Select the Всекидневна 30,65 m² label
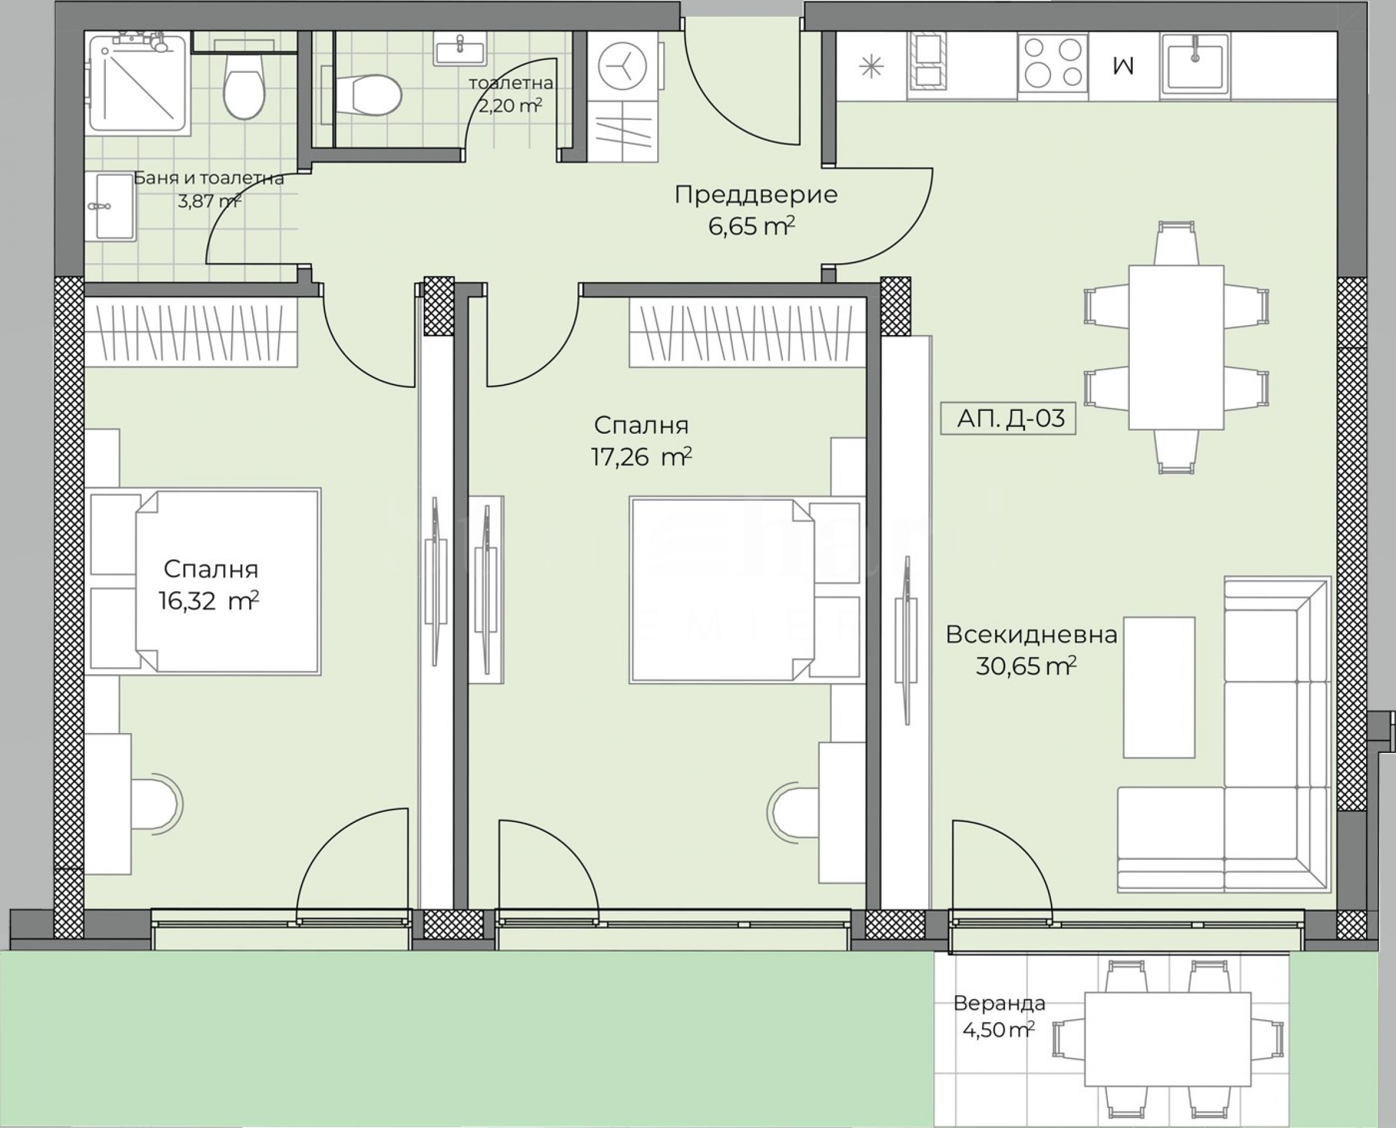point(1031,650)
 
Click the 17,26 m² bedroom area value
point(641,457)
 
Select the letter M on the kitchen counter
point(1123,66)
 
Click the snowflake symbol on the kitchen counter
point(871,68)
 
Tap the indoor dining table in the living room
point(1176,347)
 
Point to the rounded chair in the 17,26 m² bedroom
point(793,812)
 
